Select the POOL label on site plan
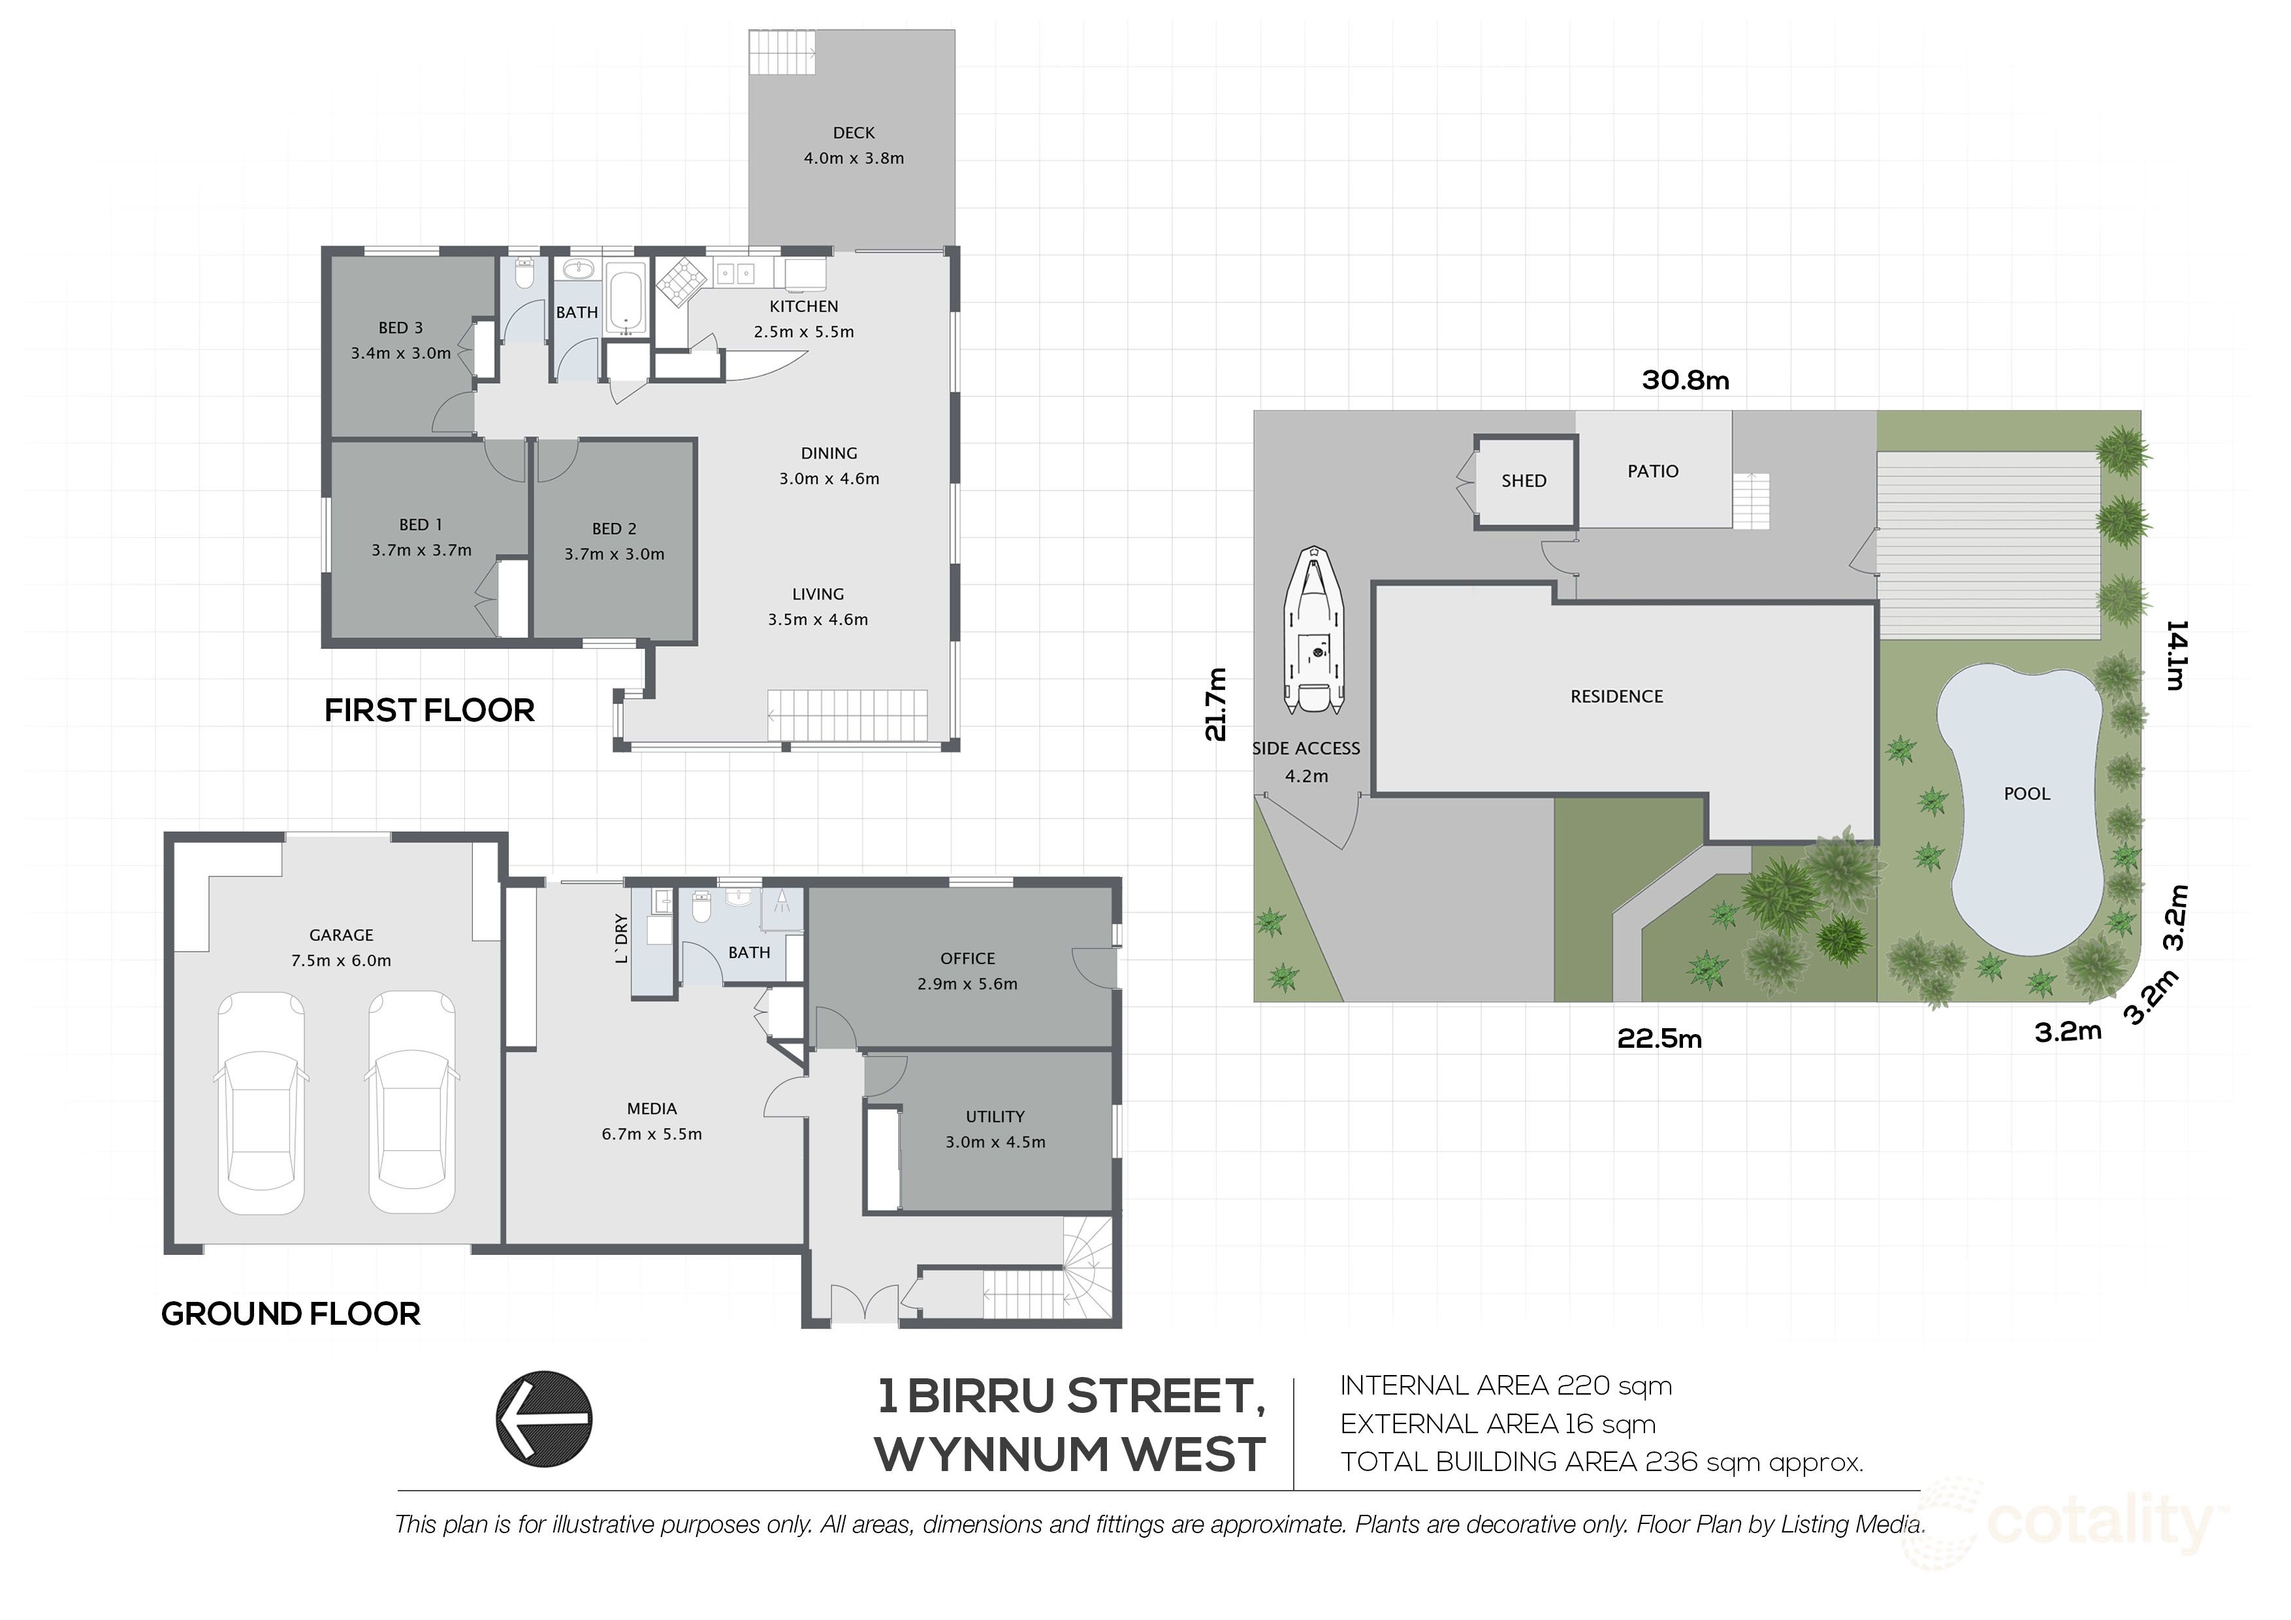click(2027, 794)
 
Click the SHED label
click(1524, 481)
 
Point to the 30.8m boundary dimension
click(1686, 380)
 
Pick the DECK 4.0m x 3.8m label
click(853, 146)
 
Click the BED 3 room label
click(400, 327)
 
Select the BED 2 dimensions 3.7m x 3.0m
click(614, 554)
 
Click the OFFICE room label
click(967, 958)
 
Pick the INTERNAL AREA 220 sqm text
click(1505, 1385)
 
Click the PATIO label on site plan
click(1652, 471)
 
